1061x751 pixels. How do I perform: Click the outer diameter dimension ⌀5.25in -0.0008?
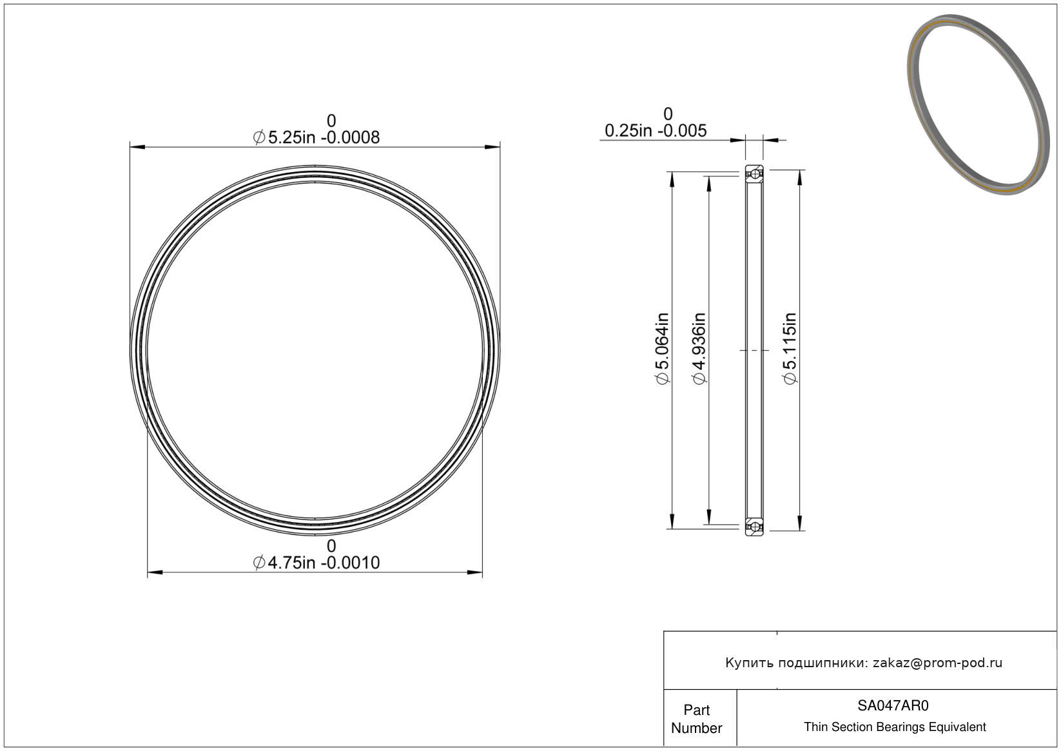click(x=316, y=137)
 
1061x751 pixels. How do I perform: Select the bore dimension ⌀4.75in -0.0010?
click(x=316, y=563)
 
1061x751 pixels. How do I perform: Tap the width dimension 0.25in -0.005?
click(x=656, y=130)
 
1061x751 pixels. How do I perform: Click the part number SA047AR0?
click(x=893, y=705)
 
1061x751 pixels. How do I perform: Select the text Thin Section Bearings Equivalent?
click(x=895, y=727)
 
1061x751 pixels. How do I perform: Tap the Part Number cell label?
click(x=697, y=719)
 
